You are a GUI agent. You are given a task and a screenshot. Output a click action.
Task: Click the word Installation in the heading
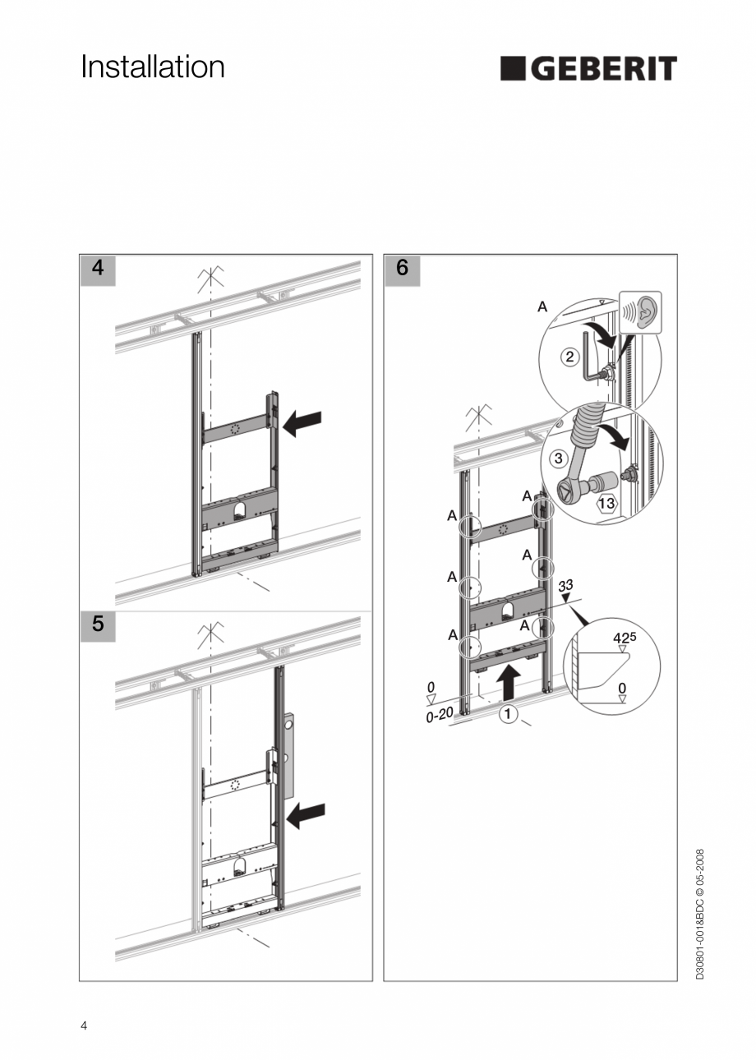point(153,67)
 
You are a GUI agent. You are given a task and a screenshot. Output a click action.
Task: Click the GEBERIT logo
point(588,69)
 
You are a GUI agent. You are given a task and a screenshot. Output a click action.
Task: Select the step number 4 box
point(98,269)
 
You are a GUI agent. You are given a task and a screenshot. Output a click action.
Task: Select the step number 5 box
point(98,624)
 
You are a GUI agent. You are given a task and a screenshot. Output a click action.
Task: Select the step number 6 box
point(402,269)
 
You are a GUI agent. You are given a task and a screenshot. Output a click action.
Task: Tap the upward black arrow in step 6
point(509,681)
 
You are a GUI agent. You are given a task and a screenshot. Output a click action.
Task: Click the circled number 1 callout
point(508,714)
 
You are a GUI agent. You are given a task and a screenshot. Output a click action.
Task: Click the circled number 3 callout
point(559,457)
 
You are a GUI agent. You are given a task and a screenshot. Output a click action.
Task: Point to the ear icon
point(641,312)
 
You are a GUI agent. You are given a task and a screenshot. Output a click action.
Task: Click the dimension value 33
point(565,586)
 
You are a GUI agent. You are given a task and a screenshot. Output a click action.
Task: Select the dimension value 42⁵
point(625,636)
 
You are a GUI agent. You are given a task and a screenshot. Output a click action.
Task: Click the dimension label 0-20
point(440,715)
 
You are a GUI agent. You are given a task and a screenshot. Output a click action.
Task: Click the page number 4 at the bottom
point(84,1025)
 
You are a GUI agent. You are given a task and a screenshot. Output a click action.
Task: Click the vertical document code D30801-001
point(700,914)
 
